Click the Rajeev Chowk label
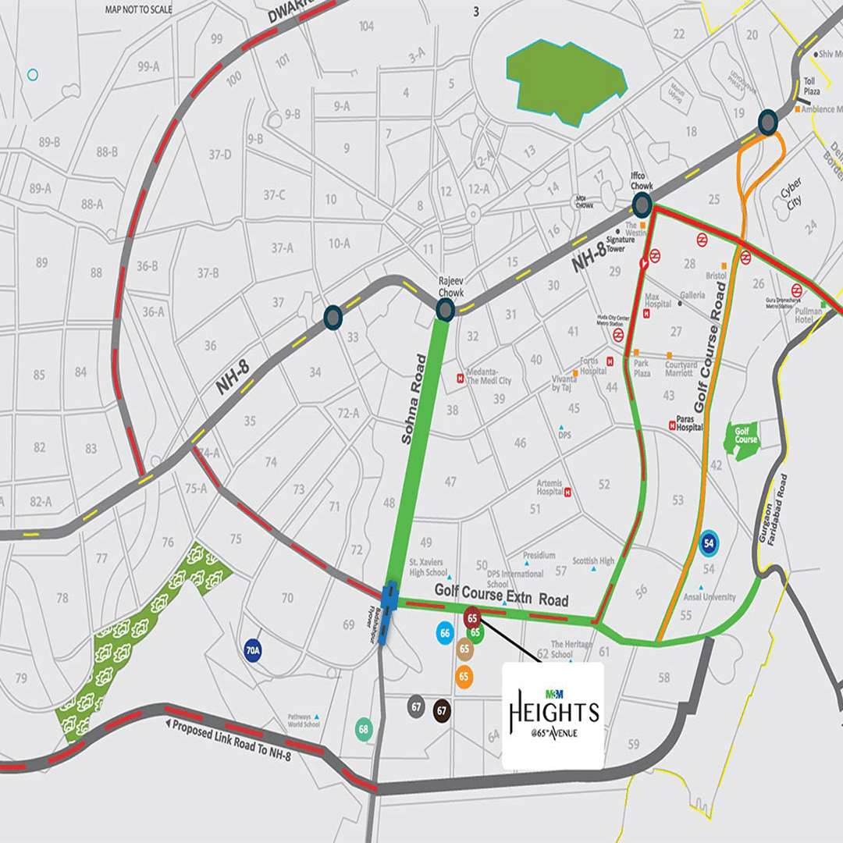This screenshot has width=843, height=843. point(450,286)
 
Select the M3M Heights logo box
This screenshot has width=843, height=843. point(553,716)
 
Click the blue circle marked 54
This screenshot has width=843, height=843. point(709,542)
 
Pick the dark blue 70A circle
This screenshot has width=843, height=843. point(252,650)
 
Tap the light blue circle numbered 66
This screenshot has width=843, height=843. point(445,634)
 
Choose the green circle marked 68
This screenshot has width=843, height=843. point(363,730)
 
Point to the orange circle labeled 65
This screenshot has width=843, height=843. point(464,677)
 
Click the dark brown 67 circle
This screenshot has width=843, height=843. point(443,710)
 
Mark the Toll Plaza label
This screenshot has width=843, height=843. point(812,87)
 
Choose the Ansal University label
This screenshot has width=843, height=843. point(708,597)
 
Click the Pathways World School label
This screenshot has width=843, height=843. point(304,720)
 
